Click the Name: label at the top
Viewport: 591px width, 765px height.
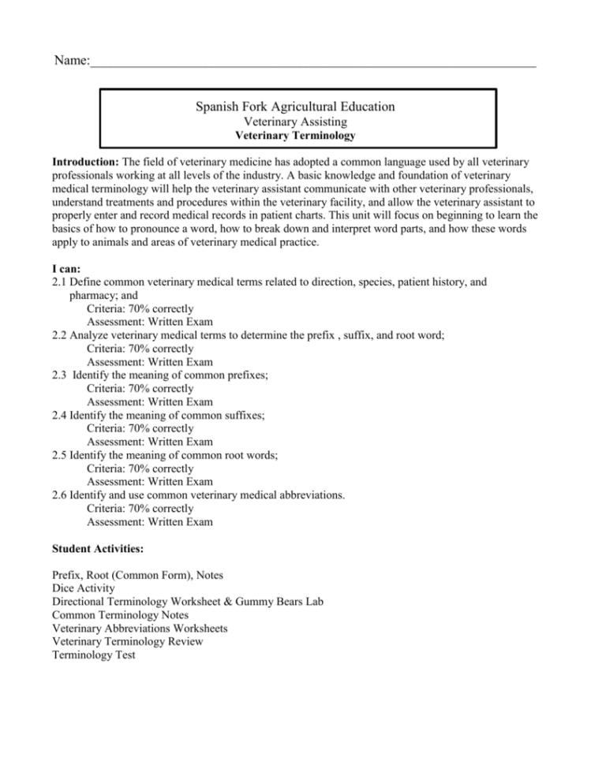tap(70, 61)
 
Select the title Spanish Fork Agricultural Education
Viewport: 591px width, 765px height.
tap(295, 106)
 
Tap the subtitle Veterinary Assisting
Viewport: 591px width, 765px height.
tap(295, 122)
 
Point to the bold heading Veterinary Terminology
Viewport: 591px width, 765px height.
tap(295, 136)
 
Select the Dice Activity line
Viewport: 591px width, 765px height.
tap(83, 588)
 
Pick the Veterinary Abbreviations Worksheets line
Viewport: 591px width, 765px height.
tap(140, 628)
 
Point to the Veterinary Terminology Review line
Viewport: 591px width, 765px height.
tap(127, 641)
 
